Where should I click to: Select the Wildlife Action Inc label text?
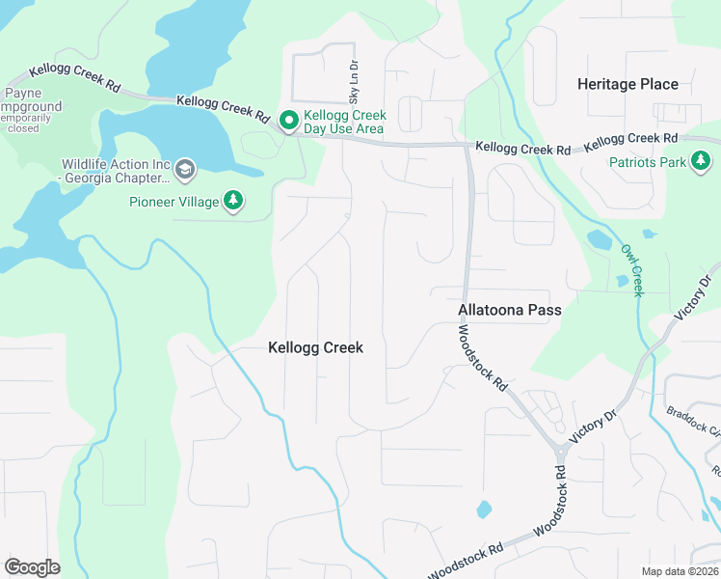(x=114, y=171)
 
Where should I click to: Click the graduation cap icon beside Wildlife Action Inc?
(x=185, y=172)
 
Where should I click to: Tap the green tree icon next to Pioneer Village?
(x=232, y=201)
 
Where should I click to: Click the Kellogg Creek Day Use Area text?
(x=344, y=123)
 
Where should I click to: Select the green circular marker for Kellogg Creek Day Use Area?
(x=287, y=122)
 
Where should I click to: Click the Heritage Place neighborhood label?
(x=628, y=84)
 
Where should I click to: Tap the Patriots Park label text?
(x=648, y=162)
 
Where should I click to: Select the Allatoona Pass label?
(x=509, y=311)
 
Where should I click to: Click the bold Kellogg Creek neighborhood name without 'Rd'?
(x=315, y=347)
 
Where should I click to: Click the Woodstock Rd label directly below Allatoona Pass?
(x=482, y=356)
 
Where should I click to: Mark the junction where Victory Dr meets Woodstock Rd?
(x=560, y=451)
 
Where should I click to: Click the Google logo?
(x=32, y=566)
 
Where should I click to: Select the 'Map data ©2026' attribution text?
(x=680, y=570)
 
